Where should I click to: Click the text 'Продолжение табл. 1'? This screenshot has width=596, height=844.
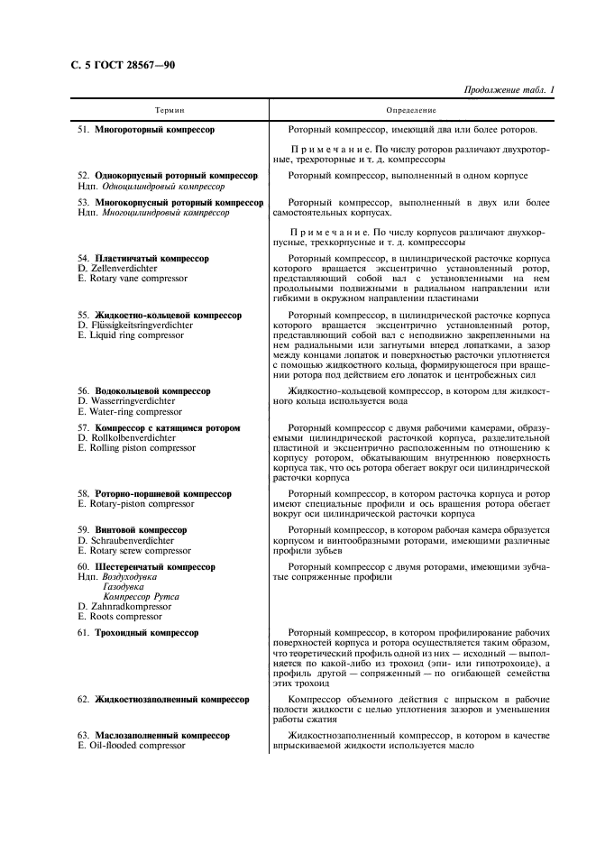click(509, 89)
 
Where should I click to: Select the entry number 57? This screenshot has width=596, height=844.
click(83, 427)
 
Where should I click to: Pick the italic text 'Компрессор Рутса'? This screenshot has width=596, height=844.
click(141, 596)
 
